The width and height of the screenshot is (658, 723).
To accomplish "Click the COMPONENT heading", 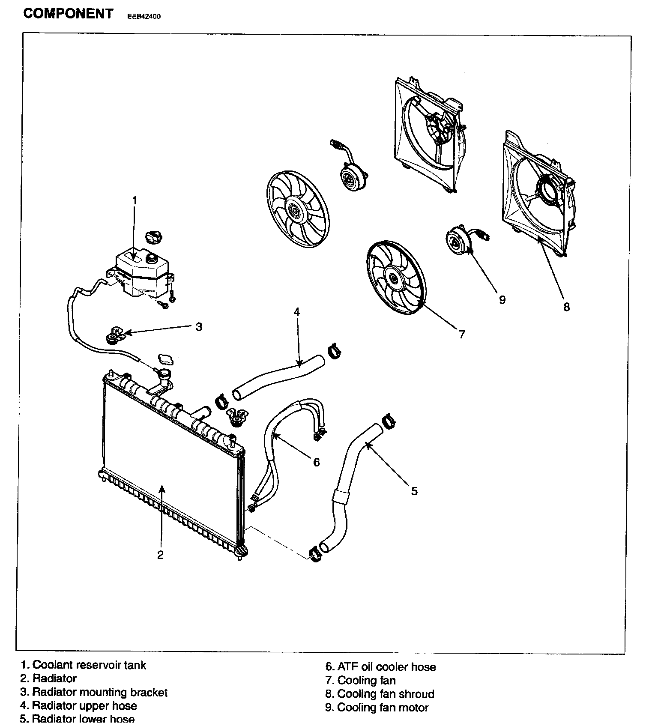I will (68, 14).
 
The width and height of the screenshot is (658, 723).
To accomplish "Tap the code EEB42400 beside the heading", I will (144, 17).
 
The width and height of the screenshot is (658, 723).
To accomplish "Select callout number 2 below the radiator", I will (160, 555).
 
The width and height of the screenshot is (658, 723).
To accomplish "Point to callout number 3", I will (199, 327).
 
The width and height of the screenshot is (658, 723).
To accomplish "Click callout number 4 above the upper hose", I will (296, 312).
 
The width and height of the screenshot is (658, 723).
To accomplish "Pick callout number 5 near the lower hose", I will (414, 491).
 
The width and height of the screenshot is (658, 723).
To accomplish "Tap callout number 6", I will (316, 462).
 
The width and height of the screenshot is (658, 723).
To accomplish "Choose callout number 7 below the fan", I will (462, 334).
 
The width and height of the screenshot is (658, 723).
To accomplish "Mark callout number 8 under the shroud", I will (566, 307).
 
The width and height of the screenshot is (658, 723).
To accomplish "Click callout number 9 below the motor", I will (502, 299).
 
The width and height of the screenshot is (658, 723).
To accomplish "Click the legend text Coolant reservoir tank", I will (89, 665).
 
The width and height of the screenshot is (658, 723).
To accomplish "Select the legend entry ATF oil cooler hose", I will (386, 667).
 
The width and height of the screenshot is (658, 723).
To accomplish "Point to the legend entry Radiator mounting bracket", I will (100, 692).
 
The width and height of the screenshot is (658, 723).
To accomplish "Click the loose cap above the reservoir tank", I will (154, 236).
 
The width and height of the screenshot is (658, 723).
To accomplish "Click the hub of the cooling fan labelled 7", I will (393, 278).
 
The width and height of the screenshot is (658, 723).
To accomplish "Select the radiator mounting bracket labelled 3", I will (114, 335).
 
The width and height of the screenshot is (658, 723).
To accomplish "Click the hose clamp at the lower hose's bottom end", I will (315, 554).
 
